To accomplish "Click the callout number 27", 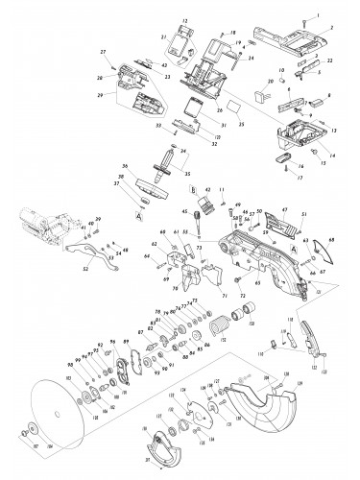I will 103,51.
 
